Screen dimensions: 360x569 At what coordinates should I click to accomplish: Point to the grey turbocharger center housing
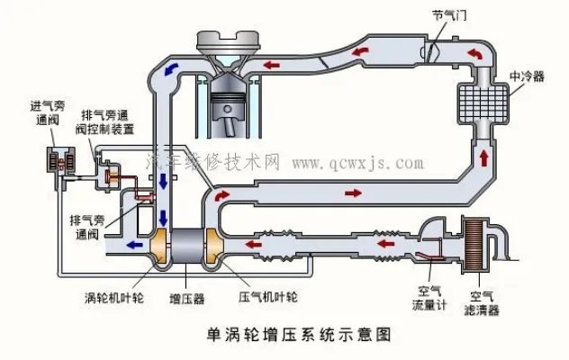[188, 247]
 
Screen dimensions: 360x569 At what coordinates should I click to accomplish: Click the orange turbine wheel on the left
[160, 247]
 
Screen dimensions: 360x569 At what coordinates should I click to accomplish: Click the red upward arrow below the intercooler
[484, 158]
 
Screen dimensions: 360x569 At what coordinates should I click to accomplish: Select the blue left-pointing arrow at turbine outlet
[134, 242]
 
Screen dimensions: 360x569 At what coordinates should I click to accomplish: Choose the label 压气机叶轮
[268, 295]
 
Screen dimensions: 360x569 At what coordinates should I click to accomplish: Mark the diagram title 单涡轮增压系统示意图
[286, 336]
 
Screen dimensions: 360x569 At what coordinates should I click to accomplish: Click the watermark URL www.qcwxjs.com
[357, 164]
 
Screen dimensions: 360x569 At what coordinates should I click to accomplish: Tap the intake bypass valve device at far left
[60, 162]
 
